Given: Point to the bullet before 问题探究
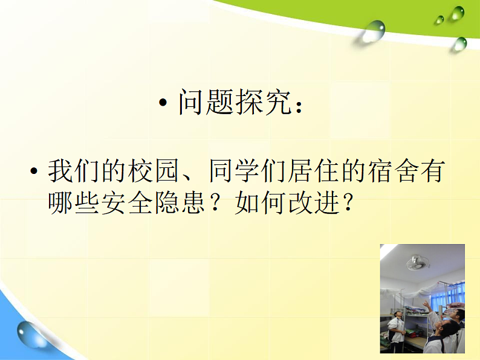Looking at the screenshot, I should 163,103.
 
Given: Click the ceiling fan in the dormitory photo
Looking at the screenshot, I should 417,261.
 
